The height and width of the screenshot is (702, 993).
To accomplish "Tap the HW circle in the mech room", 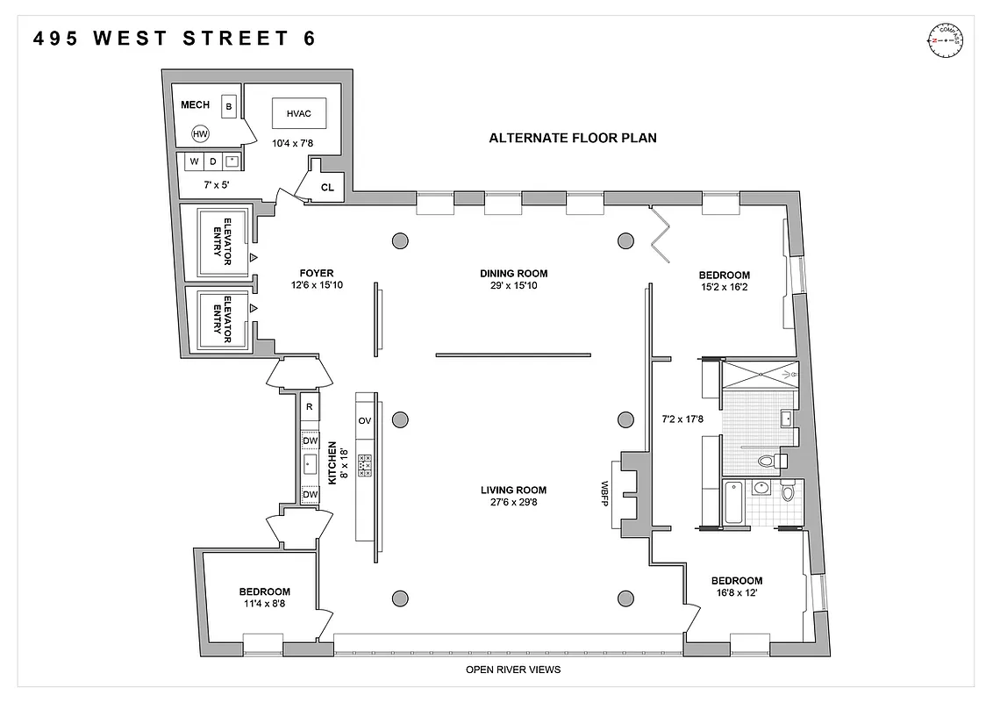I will pyautogui.click(x=201, y=134).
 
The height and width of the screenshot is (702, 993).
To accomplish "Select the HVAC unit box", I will pyautogui.click(x=299, y=113).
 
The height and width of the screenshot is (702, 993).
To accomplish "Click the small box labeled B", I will pyautogui.click(x=229, y=107).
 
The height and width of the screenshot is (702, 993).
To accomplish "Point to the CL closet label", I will pyautogui.click(x=327, y=187).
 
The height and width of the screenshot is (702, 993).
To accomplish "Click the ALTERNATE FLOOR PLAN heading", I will pyautogui.click(x=572, y=138).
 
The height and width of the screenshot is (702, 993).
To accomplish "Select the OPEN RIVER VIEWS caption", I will pyautogui.click(x=513, y=670).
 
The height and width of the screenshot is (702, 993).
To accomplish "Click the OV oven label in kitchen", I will pyautogui.click(x=365, y=421).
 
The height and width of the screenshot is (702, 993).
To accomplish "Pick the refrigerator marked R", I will pyautogui.click(x=310, y=407).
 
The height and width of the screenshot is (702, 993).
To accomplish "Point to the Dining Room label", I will pyautogui.click(x=513, y=273).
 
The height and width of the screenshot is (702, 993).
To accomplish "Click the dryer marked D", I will pyautogui.click(x=212, y=161).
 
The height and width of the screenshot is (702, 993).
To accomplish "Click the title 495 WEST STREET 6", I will pyautogui.click(x=175, y=39).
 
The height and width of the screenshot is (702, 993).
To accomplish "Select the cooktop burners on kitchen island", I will pyautogui.click(x=365, y=464).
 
